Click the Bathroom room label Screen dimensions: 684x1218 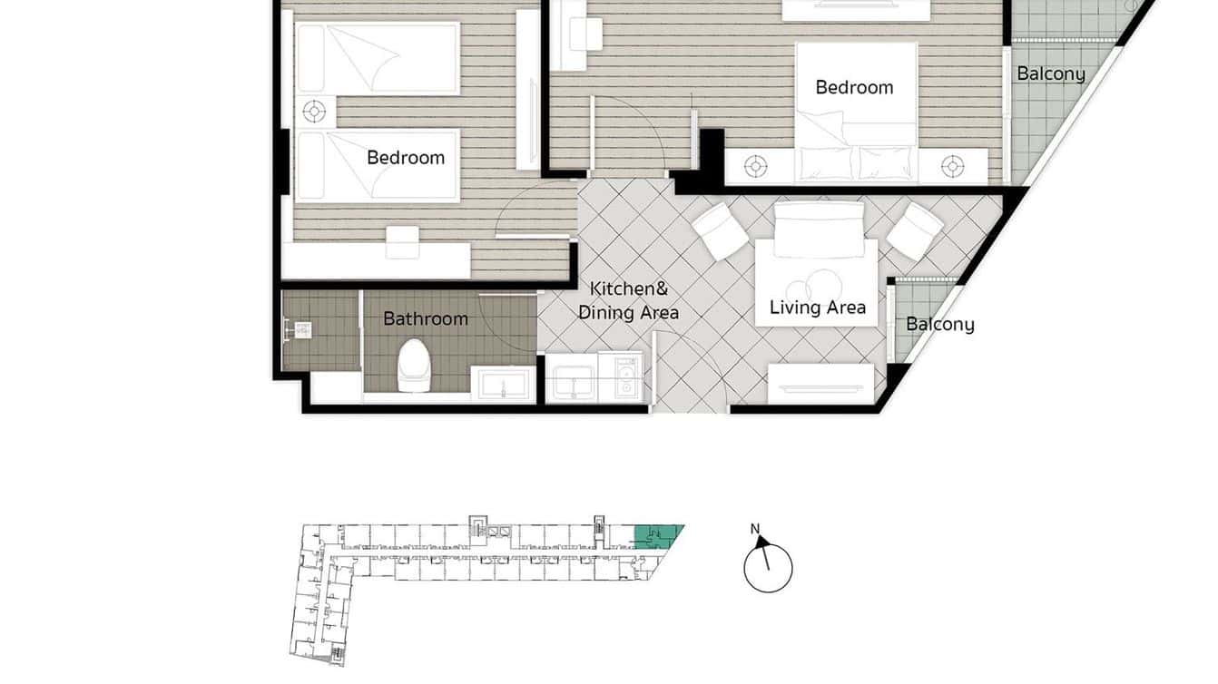[426, 318]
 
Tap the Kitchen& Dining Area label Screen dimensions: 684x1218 [628, 300]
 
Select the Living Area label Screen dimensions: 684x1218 [817, 308]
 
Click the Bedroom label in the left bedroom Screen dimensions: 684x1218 [406, 158]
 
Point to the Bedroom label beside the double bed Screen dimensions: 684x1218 [854, 87]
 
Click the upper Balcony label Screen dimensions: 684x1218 [1050, 73]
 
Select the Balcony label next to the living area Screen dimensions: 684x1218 [939, 324]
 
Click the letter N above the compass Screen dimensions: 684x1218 [754, 529]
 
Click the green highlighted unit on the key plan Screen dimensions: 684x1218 [656, 537]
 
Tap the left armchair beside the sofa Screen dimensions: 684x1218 [720, 230]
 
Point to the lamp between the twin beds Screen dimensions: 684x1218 [314, 112]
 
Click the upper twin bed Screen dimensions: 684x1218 [377, 59]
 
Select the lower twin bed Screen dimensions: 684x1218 [377, 164]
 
